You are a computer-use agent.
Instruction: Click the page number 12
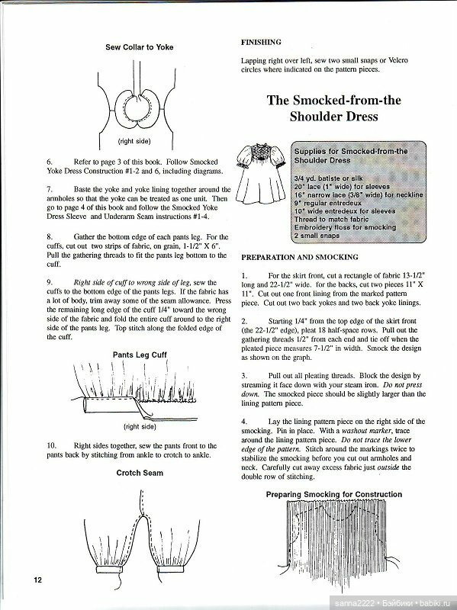(x=37, y=579)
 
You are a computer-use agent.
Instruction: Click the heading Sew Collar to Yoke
(x=140, y=47)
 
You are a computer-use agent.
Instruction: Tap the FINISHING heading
(x=261, y=42)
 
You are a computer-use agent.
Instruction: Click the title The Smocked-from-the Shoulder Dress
(x=333, y=108)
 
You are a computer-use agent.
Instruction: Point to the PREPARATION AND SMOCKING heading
(x=300, y=257)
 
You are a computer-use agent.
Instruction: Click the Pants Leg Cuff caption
(x=140, y=355)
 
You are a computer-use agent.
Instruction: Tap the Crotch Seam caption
(x=140, y=473)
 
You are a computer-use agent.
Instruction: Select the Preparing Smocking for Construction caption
(x=334, y=494)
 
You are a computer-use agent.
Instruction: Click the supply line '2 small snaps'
(x=317, y=236)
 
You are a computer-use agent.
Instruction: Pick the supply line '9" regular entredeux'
(x=328, y=203)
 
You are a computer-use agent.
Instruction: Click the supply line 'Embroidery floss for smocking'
(x=345, y=227)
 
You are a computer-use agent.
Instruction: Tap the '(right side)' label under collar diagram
(x=134, y=141)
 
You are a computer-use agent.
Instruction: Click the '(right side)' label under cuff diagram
(x=140, y=427)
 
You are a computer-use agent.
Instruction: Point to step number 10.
(x=52, y=446)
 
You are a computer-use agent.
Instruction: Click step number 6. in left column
(x=50, y=162)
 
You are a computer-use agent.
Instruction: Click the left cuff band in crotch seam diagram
(x=109, y=569)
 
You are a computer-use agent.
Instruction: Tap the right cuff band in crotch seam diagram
(x=170, y=569)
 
